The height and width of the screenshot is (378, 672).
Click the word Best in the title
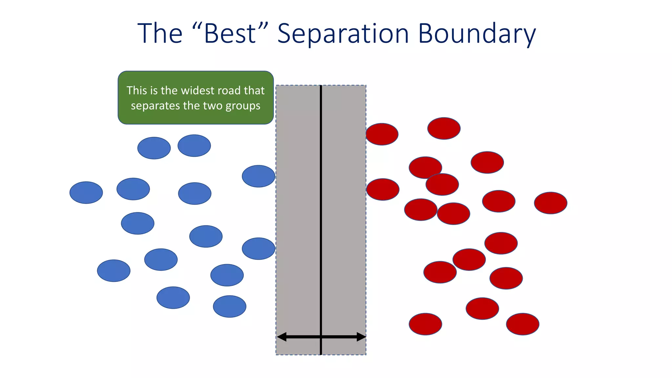click(x=230, y=33)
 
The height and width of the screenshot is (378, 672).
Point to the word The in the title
click(x=160, y=33)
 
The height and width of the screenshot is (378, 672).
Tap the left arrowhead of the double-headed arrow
click(x=282, y=337)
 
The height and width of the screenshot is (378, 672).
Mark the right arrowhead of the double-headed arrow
click(x=361, y=337)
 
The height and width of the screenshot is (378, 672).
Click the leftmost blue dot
click(x=86, y=193)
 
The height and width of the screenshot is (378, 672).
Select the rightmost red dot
click(x=551, y=203)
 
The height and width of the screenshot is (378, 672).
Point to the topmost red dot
click(x=444, y=128)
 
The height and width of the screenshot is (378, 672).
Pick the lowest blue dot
click(x=229, y=306)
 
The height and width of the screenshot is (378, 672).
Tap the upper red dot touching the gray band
click(x=382, y=134)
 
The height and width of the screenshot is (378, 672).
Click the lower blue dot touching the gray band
click(x=258, y=249)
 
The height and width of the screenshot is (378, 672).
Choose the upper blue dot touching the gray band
click(x=258, y=176)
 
